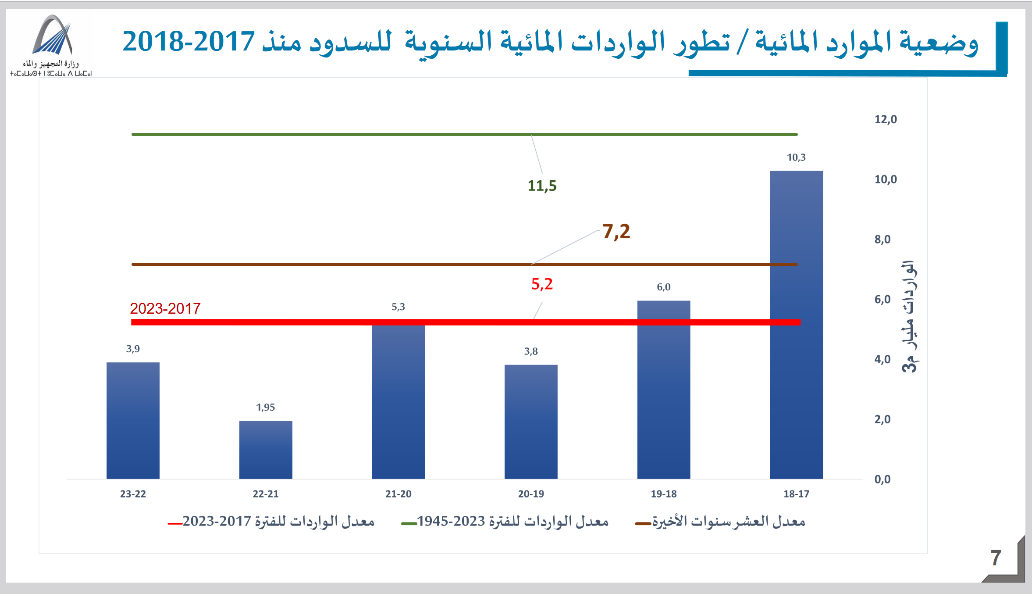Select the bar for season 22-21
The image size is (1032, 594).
point(266,450)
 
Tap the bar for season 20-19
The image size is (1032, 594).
point(531,421)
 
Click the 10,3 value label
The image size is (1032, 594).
point(796,157)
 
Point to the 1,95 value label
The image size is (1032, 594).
point(266,408)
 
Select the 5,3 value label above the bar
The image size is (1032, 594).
point(398,307)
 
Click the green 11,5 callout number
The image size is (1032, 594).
point(542,186)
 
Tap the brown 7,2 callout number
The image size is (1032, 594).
point(616,232)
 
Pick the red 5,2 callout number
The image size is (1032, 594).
point(542,284)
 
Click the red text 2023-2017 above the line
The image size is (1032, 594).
point(165,309)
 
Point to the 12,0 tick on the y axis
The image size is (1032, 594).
point(886,119)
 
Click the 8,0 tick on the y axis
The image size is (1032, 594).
point(883,240)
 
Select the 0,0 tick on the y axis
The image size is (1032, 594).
point(883,479)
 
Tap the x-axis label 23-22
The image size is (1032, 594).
point(133,494)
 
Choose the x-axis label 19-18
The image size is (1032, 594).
point(664,494)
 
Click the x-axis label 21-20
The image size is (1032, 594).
point(398,494)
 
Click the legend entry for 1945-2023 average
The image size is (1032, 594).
point(505,522)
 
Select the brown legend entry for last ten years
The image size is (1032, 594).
point(721,522)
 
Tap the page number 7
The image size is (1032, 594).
point(996,558)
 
